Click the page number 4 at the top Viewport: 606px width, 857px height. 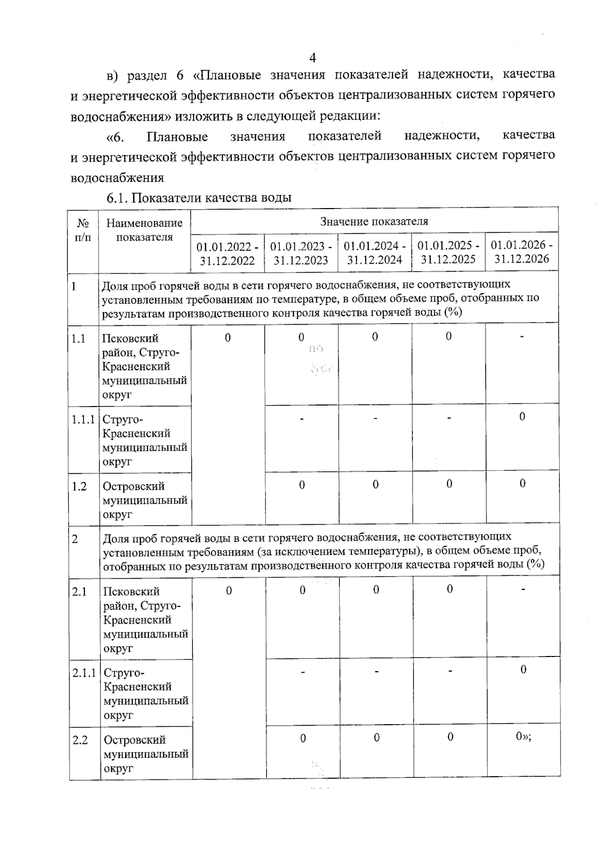[x=312, y=58]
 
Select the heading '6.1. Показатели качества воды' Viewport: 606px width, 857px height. [x=198, y=198]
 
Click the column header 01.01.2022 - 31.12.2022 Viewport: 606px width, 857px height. [x=227, y=254]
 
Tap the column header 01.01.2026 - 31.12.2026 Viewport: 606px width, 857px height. [x=522, y=252]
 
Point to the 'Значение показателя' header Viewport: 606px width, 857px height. [x=374, y=221]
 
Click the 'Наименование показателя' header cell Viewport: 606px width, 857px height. [x=144, y=230]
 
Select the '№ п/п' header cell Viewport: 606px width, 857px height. [x=83, y=230]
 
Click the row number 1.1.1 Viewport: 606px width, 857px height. [x=83, y=419]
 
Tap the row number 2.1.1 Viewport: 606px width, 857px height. [x=84, y=673]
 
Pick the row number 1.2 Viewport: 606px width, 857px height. [x=79, y=486]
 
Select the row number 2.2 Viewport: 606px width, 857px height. [x=80, y=740]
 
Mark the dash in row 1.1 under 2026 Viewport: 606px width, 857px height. [x=522, y=336]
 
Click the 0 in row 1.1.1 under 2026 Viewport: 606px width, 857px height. [x=522, y=416]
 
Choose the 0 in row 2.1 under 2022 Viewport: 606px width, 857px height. [x=229, y=590]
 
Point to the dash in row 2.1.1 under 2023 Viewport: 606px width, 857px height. [x=302, y=672]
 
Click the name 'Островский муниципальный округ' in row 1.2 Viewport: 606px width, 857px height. [x=145, y=500]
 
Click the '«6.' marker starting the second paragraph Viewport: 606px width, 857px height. [x=115, y=137]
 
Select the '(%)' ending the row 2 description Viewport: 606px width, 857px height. [x=535, y=564]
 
